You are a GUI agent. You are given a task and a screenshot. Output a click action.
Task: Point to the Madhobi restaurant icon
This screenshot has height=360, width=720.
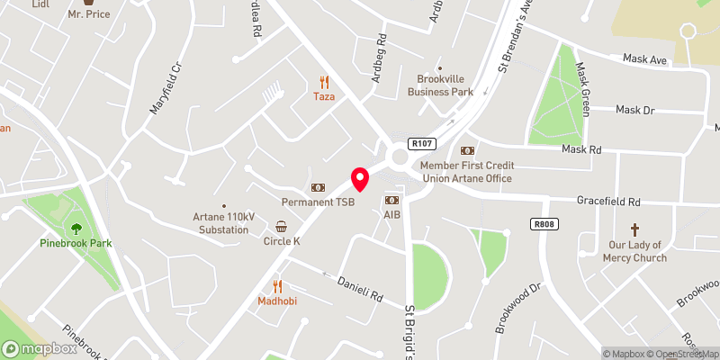point(277,285)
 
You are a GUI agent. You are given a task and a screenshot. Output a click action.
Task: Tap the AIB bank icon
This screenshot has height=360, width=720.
point(391,200)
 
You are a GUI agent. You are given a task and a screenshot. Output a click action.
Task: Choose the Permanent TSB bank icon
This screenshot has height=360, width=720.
point(317,187)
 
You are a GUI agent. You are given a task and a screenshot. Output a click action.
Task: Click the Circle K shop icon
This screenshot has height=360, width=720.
point(282,226)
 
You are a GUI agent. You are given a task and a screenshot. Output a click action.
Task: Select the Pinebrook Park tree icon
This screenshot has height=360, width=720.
point(76,228)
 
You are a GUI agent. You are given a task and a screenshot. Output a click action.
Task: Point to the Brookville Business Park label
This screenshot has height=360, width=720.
point(440,85)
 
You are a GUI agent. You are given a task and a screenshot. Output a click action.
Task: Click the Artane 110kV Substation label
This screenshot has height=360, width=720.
point(220,222)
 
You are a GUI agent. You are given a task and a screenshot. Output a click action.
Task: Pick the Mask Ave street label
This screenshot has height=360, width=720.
point(644,59)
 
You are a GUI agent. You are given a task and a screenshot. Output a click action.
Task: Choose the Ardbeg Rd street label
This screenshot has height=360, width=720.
point(382,59)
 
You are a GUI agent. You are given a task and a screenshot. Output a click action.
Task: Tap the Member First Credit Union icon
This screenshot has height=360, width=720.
point(467,150)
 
